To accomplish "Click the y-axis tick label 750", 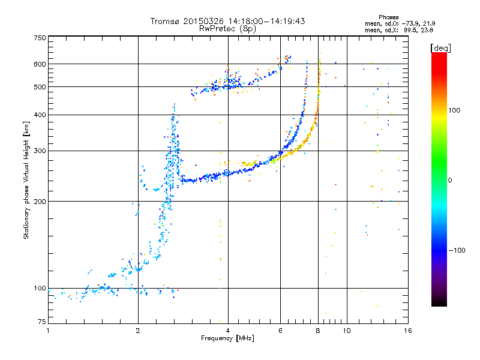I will [40, 38].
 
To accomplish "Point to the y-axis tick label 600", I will [40, 64].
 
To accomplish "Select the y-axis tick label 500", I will [40, 87].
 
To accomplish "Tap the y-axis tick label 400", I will [40, 115].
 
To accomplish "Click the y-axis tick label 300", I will [40, 151].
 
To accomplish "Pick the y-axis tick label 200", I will [40, 201].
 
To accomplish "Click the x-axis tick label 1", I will [49, 330].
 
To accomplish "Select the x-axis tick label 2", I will [138, 330].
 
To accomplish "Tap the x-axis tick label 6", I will [280, 330].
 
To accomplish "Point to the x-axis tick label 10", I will [346, 330].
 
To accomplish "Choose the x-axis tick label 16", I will [406, 330].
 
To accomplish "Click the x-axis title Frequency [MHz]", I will [227, 338].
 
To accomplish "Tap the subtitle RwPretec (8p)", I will [227, 28].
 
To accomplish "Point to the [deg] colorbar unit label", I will [441, 47].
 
